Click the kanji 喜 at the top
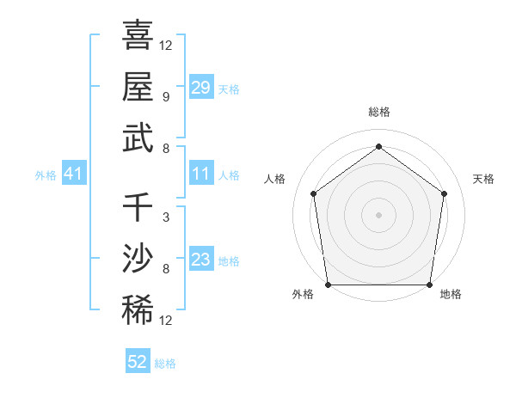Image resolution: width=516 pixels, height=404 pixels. (138, 36)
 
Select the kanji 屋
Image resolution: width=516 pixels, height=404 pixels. (138, 86)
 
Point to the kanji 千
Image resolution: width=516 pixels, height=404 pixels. (138, 209)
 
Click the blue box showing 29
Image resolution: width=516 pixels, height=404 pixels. (201, 87)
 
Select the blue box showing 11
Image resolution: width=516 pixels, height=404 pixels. (201, 174)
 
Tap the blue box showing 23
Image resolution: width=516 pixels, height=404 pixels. (201, 260)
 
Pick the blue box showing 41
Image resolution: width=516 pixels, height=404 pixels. (74, 174)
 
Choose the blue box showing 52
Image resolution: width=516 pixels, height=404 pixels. (138, 362)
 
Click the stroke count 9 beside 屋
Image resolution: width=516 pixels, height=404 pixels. (165, 96)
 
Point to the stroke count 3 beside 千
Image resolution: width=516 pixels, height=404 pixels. (165, 217)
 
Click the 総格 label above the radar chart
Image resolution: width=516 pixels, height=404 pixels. (378, 112)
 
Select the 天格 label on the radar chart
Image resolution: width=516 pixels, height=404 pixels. (483, 179)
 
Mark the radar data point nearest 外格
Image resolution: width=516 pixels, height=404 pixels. (328, 285)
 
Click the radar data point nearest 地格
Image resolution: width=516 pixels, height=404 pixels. (429, 285)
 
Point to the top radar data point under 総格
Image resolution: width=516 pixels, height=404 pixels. (378, 146)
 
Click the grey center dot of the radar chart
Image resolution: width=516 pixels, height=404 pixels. (378, 214)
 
